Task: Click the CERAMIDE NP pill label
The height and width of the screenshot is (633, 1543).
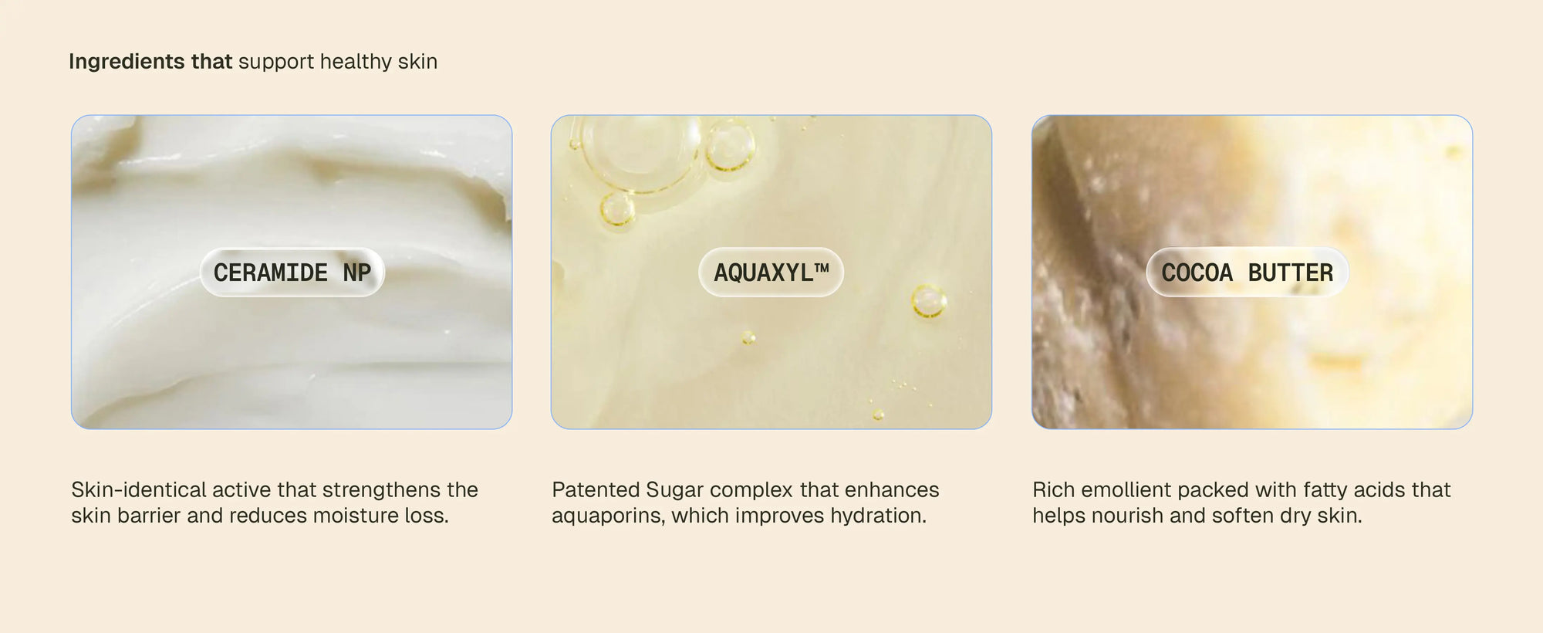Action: [x=292, y=272]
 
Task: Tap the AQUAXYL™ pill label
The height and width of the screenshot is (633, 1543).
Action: [x=771, y=272]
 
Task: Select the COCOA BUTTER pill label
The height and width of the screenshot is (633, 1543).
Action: [x=1247, y=272]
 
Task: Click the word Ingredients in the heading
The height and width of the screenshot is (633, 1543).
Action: [x=127, y=62]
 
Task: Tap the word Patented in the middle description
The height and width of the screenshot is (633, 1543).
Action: [x=596, y=489]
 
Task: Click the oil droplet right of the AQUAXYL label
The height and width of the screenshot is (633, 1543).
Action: [x=928, y=300]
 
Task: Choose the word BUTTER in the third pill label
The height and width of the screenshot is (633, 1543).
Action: [x=1290, y=272]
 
